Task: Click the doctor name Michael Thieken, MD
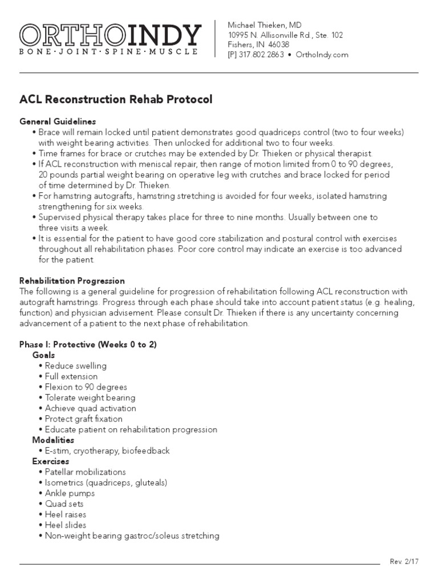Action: (265, 25)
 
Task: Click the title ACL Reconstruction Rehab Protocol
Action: (116, 100)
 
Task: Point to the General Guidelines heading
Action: (58, 121)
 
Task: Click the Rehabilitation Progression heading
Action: (72, 281)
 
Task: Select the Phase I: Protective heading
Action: (88, 344)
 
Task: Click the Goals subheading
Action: (43, 355)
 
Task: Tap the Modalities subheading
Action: (53, 440)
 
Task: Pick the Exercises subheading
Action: (51, 461)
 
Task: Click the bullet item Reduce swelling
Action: (76, 366)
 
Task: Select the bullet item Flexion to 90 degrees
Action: (86, 387)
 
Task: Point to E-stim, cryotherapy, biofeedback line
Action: (107, 451)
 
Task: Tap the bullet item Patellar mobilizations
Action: (86, 472)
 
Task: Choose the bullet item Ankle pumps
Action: (70, 493)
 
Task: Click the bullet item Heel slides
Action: (66, 525)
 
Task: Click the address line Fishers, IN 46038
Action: (258, 44)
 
